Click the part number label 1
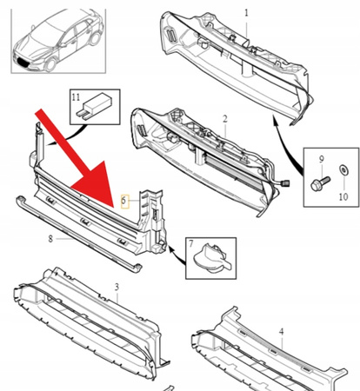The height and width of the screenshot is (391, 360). tap(245, 13)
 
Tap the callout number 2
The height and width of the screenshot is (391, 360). tap(223, 119)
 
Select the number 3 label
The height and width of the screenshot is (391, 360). tap(117, 286)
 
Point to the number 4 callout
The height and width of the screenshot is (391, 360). tap(281, 331)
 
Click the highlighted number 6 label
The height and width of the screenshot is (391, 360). tap(125, 201)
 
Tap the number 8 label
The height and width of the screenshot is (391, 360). tap(51, 237)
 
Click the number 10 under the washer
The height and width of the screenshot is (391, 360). tap(342, 197)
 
